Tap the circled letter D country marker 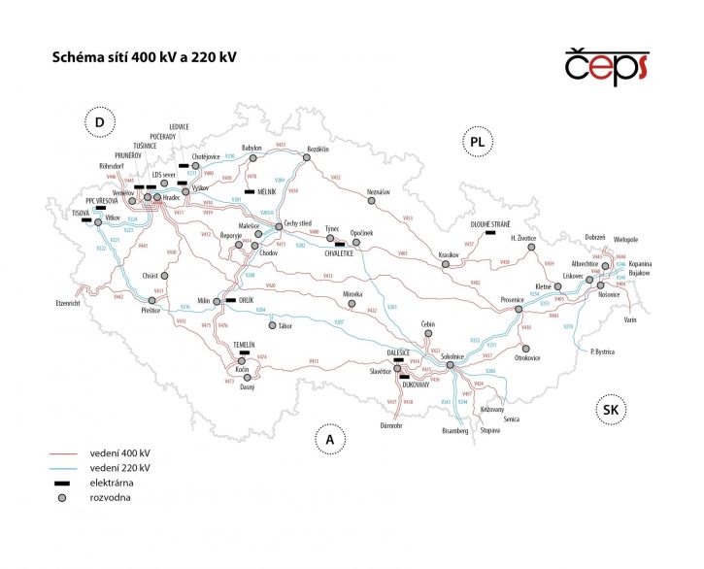coord(99,122)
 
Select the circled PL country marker coord(476,142)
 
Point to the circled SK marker coord(610,410)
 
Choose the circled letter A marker coord(330,440)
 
